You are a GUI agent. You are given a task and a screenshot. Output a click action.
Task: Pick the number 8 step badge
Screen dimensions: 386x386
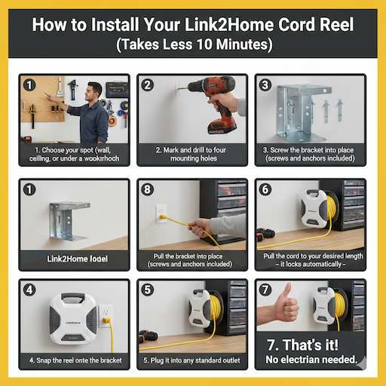tap(147, 188)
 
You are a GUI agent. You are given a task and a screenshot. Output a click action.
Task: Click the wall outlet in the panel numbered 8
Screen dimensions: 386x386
tap(161, 213)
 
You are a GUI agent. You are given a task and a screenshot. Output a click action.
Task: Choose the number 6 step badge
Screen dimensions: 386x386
tap(265, 188)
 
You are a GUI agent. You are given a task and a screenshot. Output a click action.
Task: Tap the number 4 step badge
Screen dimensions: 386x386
tap(29, 289)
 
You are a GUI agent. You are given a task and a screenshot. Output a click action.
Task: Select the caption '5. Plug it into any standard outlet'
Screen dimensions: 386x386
tap(191, 360)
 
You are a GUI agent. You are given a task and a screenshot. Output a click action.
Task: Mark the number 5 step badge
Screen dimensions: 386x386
tap(147, 289)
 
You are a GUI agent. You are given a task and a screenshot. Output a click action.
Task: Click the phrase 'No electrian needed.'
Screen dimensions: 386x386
tap(310, 360)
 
